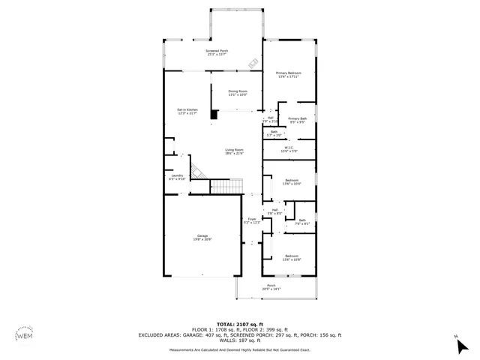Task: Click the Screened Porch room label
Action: [216, 52]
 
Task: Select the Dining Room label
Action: [238, 93]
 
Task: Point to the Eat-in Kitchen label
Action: [187, 111]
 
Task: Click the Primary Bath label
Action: [297, 120]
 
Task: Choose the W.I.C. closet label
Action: [288, 149]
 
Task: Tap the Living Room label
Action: [235, 151]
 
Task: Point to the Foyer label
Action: [251, 220]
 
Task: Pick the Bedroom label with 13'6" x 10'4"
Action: [291, 181]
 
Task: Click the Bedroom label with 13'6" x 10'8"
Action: [291, 257]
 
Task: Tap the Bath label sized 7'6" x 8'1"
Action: [301, 221]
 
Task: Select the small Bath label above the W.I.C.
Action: [274, 133]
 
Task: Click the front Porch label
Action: [271, 287]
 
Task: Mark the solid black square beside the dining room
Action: [214, 115]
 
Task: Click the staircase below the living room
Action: [225, 186]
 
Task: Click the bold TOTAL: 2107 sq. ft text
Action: [239, 323]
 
